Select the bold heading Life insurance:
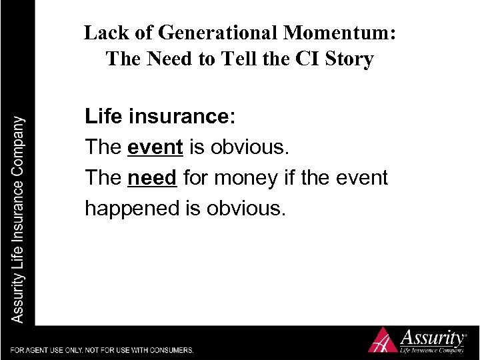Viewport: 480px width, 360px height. (160, 117)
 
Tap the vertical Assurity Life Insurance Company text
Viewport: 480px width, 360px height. (19, 220)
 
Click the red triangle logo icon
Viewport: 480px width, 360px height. (383, 340)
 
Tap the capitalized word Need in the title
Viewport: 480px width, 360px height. (164, 59)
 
